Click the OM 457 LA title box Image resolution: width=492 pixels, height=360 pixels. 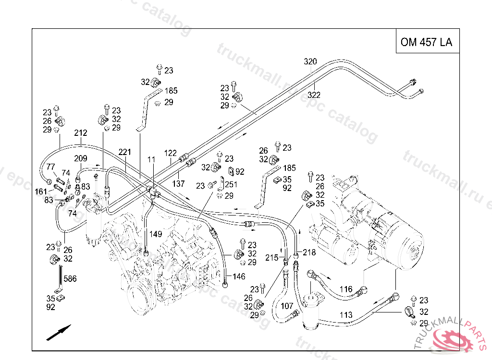coord(426,42)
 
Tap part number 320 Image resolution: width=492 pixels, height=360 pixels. coord(310,61)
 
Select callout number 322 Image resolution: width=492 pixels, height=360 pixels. coord(314,95)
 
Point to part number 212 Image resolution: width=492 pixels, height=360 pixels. coord(81,133)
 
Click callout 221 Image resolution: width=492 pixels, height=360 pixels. coord(124,153)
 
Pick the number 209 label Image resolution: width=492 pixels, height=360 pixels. coord(80,158)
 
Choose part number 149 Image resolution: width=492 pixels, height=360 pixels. coord(155,234)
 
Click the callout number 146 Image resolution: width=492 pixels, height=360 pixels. coord(239,276)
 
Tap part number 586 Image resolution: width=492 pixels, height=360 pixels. coord(70,278)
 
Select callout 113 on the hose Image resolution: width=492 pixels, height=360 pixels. coord(346,315)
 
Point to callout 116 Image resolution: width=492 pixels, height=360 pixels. coord(346,289)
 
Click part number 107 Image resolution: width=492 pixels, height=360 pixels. coord(287,306)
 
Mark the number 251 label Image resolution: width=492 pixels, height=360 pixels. coord(231,185)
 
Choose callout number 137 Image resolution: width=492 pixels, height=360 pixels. coord(179,183)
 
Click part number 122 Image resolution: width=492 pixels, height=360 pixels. coord(171,153)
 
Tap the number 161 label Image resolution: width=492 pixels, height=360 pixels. coord(41,191)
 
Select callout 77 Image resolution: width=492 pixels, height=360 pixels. coord(50,167)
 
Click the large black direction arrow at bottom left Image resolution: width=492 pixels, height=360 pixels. coord(59,332)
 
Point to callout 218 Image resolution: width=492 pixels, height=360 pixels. coord(309,252)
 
